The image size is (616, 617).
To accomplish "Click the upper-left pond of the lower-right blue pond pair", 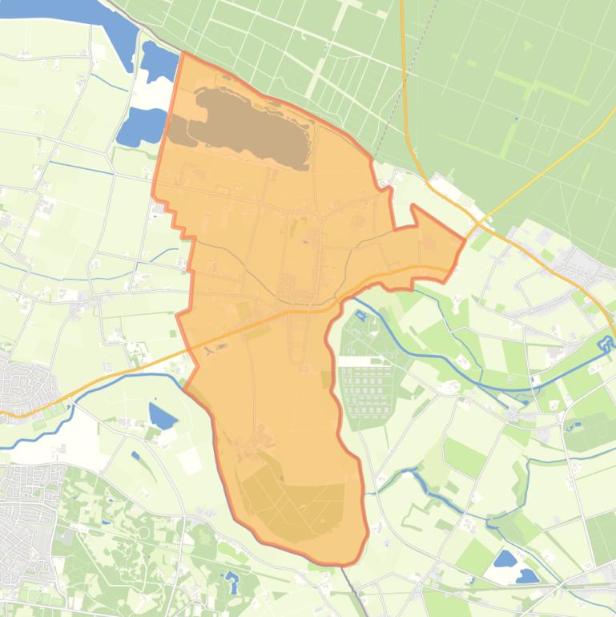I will pyautogui.click(x=505, y=559).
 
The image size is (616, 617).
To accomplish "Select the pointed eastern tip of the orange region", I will pyautogui.click(x=464, y=238).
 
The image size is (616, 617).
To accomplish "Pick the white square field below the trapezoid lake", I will pyautogui.click(x=190, y=460).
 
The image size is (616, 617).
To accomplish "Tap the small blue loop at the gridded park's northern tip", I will pyautogui.click(x=360, y=315).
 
